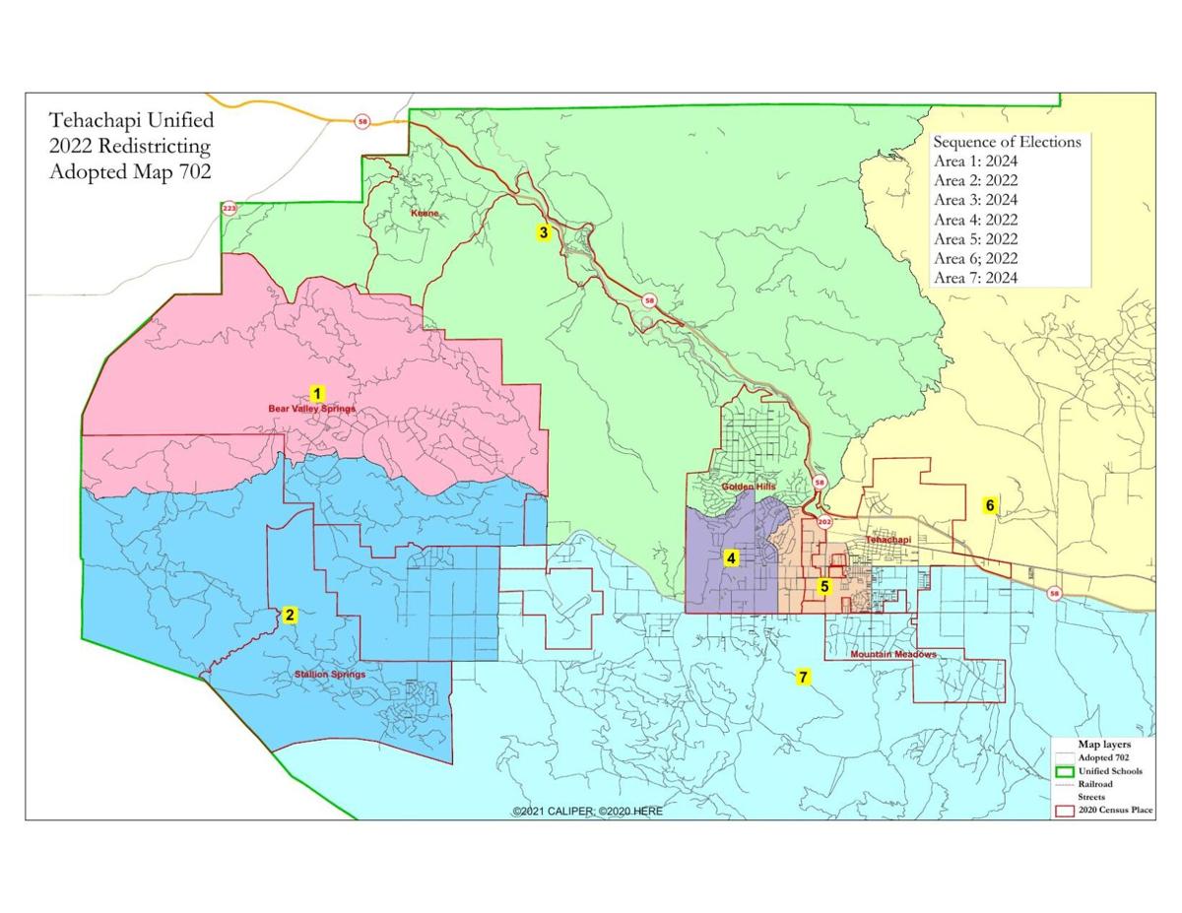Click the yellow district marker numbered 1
(x=317, y=392)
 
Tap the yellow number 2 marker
(x=290, y=616)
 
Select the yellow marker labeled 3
(x=543, y=233)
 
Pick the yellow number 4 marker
(x=731, y=558)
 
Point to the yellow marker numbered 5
(x=824, y=586)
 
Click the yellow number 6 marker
(x=991, y=505)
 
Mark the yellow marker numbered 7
(x=804, y=677)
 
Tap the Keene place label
(x=424, y=213)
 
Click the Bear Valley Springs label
(x=311, y=408)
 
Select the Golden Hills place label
(x=749, y=487)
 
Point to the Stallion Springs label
(x=330, y=675)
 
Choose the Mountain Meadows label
(x=893, y=655)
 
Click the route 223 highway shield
(x=230, y=208)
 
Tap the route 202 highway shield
(x=824, y=521)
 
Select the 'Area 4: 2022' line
(x=976, y=220)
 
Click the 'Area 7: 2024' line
(x=976, y=278)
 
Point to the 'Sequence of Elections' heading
(x=1007, y=142)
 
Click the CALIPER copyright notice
(x=587, y=811)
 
